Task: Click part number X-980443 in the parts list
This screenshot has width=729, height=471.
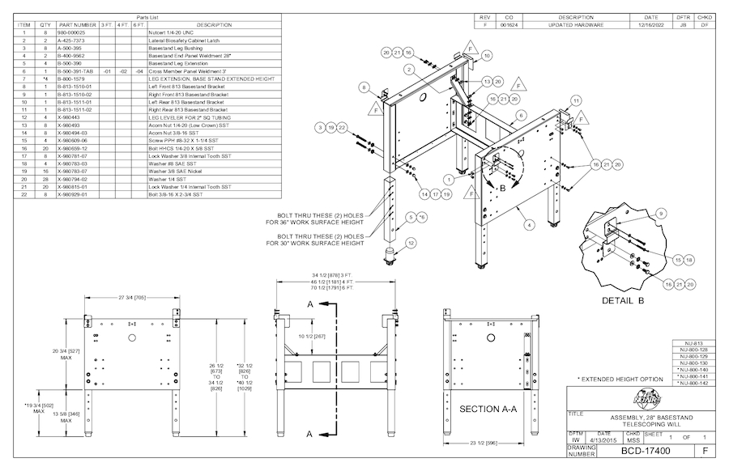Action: pos(74,118)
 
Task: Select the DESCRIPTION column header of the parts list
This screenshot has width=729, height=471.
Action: pos(214,25)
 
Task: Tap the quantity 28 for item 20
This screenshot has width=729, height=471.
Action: pos(46,179)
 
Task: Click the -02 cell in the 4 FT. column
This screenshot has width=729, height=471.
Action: pos(122,71)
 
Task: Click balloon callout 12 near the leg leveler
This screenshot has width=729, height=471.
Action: pos(411,242)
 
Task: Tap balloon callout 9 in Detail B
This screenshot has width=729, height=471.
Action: pos(660,213)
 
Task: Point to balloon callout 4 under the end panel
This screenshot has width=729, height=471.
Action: pos(529,223)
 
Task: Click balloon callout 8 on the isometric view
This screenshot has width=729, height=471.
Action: pos(365,87)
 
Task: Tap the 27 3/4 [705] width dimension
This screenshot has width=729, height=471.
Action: pos(130,297)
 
